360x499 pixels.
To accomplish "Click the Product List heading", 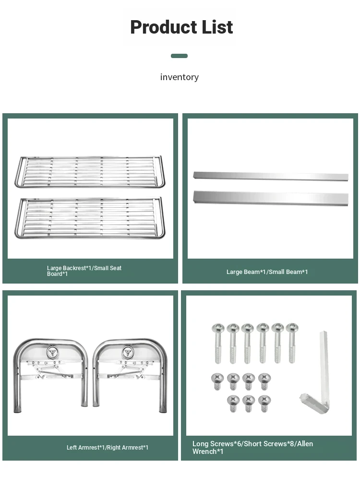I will click(x=181, y=27).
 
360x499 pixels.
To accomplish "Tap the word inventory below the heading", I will click(x=179, y=77).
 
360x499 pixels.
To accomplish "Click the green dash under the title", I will click(x=179, y=56).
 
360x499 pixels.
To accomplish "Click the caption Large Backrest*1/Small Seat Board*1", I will click(x=84, y=271).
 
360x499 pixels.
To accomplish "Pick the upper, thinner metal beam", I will click(x=270, y=176).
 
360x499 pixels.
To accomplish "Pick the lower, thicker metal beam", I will click(x=270, y=197).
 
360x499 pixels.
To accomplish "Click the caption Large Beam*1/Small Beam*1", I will click(x=267, y=272).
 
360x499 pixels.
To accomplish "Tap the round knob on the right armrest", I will click(x=127, y=352).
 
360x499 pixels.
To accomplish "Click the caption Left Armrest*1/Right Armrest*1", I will click(x=108, y=448).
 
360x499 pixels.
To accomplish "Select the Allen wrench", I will click(x=323, y=369).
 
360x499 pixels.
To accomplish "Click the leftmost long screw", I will click(x=218, y=343).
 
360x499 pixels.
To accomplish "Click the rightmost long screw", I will click(x=292, y=343).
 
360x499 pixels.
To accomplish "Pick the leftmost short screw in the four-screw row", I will click(x=217, y=381).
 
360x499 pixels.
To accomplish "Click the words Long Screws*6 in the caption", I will click(x=216, y=444).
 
